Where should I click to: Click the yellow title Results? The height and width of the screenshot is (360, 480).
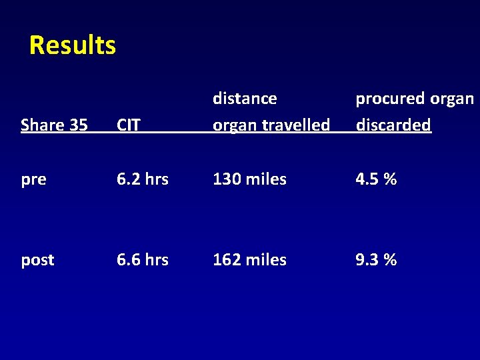pos(73,45)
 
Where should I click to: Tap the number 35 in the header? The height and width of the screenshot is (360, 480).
pos(77,125)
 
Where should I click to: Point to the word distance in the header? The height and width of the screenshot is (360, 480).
pos(245,99)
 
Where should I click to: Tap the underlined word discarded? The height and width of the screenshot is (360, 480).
pos(393,125)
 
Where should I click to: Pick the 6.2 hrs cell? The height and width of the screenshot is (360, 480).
pos(142,179)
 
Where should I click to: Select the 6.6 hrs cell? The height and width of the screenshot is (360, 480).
pos(142,260)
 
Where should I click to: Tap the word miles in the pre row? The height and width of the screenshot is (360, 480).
pos(265,179)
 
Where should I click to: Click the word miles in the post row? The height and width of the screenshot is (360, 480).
pos(265,260)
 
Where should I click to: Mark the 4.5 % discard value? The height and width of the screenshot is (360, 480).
pos(376,179)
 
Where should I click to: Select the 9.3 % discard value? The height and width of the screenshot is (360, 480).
pos(376,260)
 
